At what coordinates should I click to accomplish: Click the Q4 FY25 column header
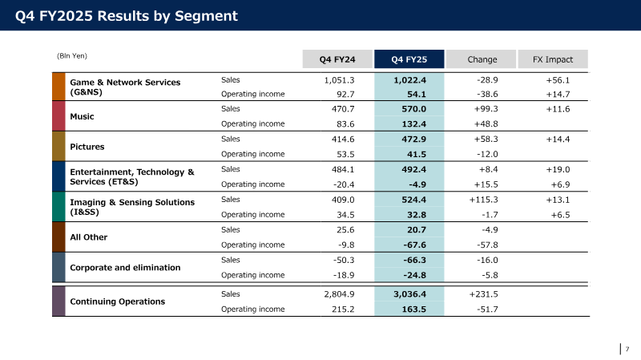[x=409, y=59]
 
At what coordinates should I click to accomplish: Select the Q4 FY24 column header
[x=337, y=59]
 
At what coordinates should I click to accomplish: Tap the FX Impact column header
[x=553, y=59]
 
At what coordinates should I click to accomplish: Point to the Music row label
[x=82, y=116]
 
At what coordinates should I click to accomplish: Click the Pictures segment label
[x=87, y=147]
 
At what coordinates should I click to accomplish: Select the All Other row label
[x=89, y=237]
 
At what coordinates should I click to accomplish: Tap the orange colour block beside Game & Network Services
[x=58, y=87]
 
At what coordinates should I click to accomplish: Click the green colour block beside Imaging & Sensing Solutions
[x=58, y=207]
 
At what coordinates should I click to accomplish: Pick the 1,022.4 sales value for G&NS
[x=409, y=80]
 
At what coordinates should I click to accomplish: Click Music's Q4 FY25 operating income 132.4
[x=413, y=124]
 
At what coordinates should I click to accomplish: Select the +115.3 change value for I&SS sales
[x=483, y=200]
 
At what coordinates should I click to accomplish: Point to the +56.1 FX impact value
[x=558, y=80]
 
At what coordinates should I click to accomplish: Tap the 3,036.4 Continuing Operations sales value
[x=409, y=294]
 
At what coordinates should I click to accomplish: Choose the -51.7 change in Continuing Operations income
[x=487, y=309]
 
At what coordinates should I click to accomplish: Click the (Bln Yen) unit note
[x=72, y=56]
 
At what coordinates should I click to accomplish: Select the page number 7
[x=627, y=349]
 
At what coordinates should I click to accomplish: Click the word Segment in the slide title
[x=206, y=16]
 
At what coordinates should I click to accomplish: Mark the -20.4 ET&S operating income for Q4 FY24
[x=344, y=184]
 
